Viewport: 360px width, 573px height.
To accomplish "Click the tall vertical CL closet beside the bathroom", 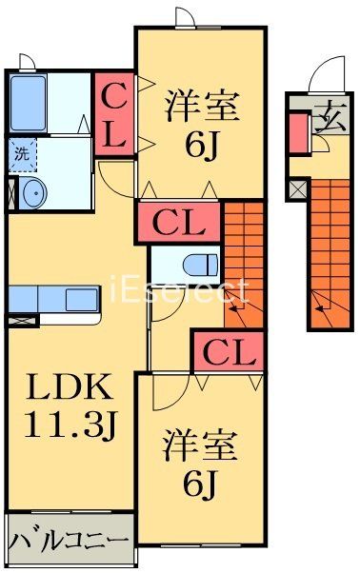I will pyautogui.click(x=113, y=115).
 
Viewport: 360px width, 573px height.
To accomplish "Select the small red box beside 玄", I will pyautogui.click(x=298, y=132).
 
